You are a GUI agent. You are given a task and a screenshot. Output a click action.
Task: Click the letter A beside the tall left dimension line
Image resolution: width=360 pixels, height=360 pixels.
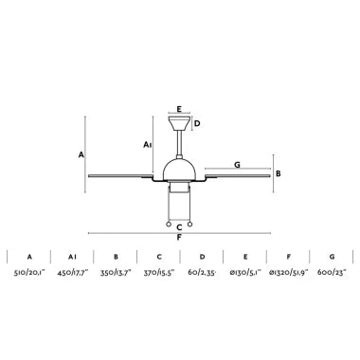coord(81,154)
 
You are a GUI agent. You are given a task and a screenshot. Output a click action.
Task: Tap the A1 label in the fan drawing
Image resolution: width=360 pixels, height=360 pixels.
coord(148,145)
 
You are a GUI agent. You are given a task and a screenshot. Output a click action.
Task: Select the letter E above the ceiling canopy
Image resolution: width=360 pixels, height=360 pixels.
coord(179,109)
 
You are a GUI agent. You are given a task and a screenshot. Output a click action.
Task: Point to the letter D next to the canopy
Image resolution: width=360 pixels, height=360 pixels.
coord(197,123)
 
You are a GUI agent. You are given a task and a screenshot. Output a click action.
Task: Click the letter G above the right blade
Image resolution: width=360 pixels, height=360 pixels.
coord(237,165)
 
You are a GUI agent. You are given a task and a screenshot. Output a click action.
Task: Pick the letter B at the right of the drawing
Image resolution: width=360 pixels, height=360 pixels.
coord(279,173)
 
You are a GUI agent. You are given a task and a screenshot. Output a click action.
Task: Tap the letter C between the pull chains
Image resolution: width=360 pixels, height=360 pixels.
coord(179,227)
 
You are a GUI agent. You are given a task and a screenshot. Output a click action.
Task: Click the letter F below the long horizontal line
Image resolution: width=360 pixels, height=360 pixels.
coord(179,238)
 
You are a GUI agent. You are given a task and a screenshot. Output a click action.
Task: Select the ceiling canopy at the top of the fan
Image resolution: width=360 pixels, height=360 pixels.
coord(179,123)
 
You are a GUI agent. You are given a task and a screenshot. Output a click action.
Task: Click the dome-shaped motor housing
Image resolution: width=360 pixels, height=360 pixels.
coord(179,170)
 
